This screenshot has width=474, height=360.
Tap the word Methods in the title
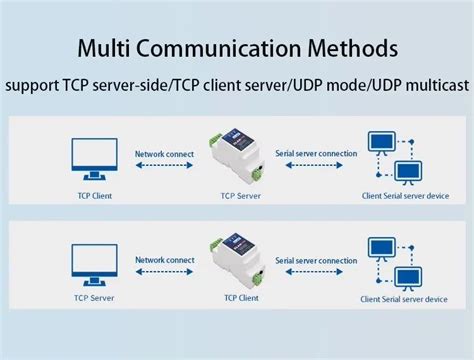pyautogui.click(x=351, y=47)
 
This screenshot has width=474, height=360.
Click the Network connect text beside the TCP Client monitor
pyautogui.click(x=165, y=152)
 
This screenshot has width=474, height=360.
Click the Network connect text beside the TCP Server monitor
pyautogui.click(x=165, y=260)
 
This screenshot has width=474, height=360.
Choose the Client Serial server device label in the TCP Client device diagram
pyautogui.click(x=404, y=299)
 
